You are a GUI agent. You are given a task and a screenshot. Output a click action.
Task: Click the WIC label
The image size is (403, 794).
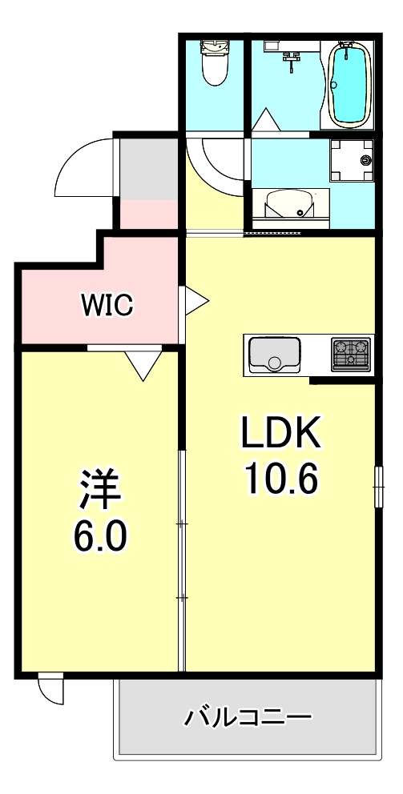pos(106,304)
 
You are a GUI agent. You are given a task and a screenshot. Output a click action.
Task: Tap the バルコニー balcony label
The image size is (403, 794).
pos(248,715)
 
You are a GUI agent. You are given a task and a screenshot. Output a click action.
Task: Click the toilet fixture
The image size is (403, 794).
pos(214,62)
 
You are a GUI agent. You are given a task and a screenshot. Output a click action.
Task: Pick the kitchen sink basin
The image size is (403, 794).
pos(274,353)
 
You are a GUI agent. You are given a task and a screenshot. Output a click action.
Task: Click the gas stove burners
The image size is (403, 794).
pos(352,353)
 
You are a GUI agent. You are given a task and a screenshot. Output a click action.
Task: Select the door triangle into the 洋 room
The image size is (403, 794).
pos(144,364)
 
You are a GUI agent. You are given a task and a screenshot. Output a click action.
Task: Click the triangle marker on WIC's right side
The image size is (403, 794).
pos(195,301)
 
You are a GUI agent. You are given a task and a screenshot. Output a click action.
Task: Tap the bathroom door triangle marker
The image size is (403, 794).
pos(265,119)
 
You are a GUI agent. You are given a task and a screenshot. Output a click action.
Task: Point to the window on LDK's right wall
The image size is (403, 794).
pos(377,485)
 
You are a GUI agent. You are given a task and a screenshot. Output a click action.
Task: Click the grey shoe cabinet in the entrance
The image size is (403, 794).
pos(148,170)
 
